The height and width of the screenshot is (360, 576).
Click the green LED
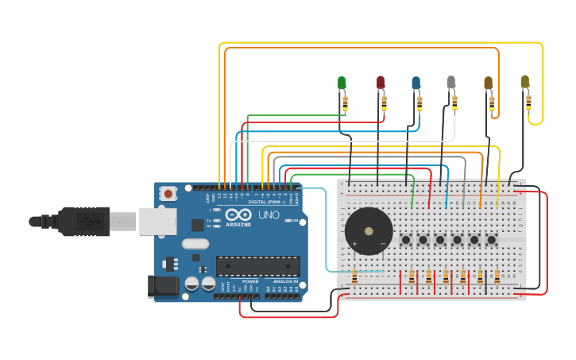click(x=342, y=83)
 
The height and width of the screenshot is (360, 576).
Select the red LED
click(x=381, y=83)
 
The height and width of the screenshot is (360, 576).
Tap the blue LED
click(x=416, y=83)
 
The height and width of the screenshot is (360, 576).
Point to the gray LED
click(x=451, y=83)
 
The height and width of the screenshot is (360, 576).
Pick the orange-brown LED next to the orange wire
click(x=488, y=83)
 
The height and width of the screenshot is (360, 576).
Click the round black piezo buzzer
click(x=368, y=231)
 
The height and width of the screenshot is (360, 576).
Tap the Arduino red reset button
click(x=168, y=193)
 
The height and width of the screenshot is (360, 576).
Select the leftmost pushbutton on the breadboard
click(x=406, y=239)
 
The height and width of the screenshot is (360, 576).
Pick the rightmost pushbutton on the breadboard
click(x=492, y=239)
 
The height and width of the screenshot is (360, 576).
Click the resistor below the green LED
click(x=345, y=103)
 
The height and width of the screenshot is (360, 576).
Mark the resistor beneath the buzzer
click(x=354, y=277)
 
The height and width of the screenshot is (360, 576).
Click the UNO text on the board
click(x=269, y=215)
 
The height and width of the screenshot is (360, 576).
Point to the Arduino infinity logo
click(x=238, y=215)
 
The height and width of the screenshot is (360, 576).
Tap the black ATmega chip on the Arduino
click(x=258, y=266)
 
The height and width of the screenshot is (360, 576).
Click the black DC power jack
click(x=163, y=286)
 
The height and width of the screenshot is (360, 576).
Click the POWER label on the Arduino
click(x=250, y=281)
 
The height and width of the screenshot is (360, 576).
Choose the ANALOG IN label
click(x=285, y=281)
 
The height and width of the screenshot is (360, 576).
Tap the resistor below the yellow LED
click(x=528, y=103)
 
